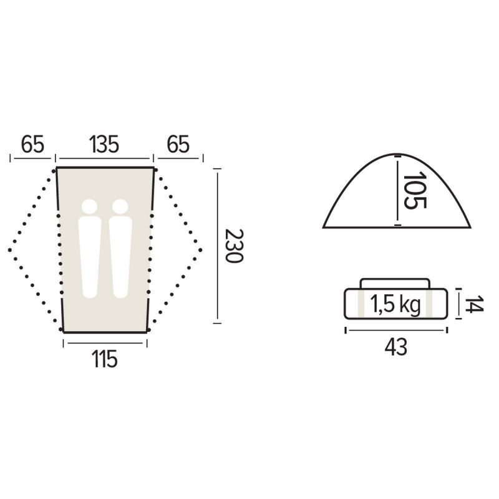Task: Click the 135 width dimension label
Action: tap(104, 145)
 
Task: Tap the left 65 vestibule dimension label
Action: tap(32, 145)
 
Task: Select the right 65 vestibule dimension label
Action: tap(178, 145)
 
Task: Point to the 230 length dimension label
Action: tap(234, 245)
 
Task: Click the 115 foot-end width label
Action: tap(105, 359)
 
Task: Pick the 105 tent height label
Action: tap(415, 190)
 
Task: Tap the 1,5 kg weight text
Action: tap(395, 304)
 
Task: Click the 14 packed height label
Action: tap(474, 304)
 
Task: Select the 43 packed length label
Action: tap(396, 347)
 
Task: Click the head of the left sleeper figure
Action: tap(89, 207)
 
